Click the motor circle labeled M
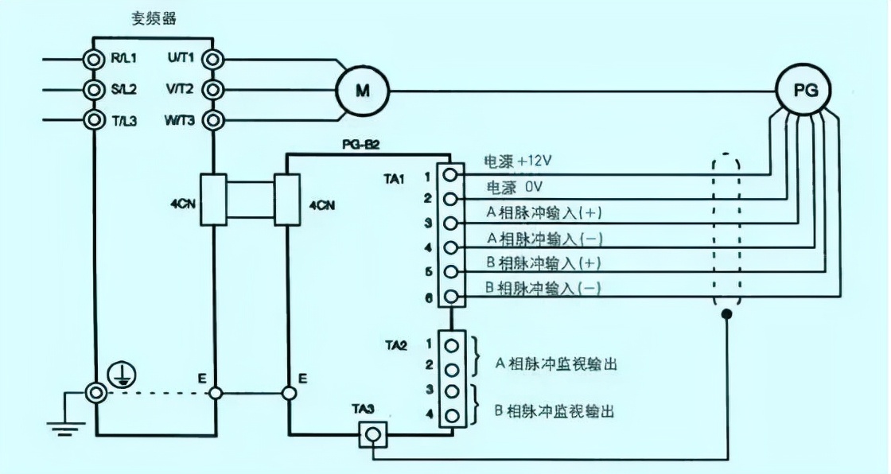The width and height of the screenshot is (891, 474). pos(362,90)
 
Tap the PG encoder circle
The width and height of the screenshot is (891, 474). pos(801,90)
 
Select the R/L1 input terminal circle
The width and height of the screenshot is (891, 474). pos(95,59)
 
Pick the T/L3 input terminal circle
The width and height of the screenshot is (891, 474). pos(95,121)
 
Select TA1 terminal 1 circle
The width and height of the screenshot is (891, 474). pos(451,174)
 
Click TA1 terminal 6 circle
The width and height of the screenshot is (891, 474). pos(451,297)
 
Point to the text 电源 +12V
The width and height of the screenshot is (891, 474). pos(518,161)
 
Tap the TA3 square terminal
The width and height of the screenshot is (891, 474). pos(372,433)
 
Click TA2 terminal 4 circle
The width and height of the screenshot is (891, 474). pos(451,415)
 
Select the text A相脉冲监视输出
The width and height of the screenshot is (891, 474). pos(556,364)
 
